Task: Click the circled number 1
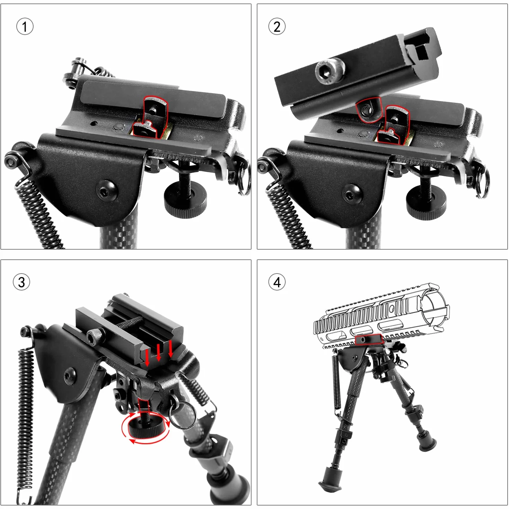pos(25,27)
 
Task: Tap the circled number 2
pos(277,27)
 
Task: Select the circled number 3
pos(21,282)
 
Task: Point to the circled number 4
pos(277,282)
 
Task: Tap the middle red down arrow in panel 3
pos(159,352)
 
